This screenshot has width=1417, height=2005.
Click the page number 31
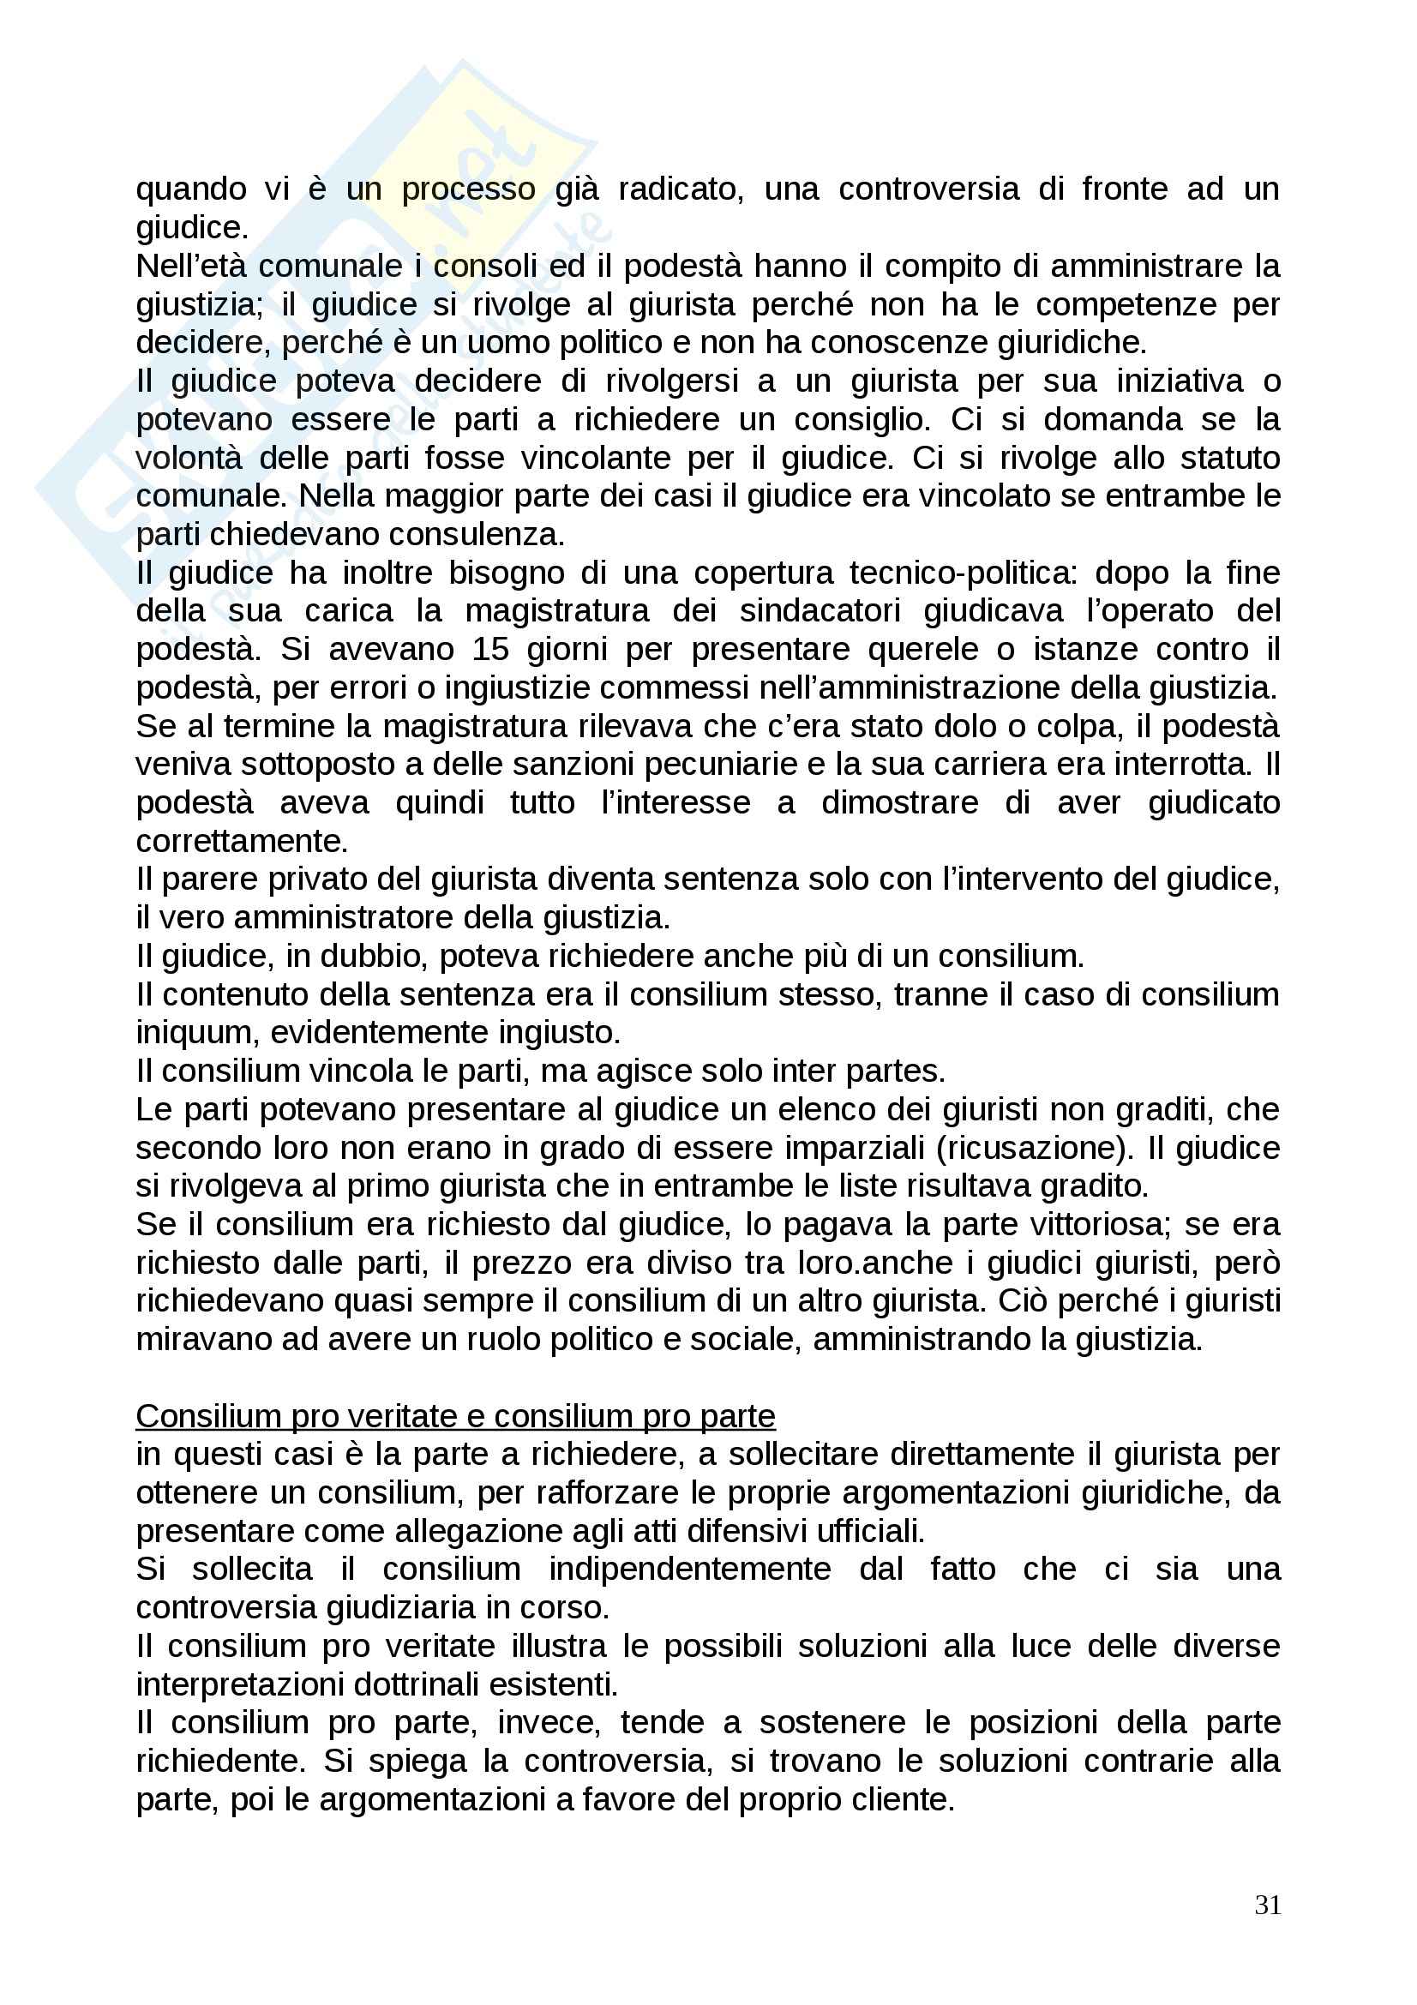[1267, 1904]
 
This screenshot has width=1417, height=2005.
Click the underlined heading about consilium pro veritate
[455, 1415]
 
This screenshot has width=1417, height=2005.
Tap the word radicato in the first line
[680, 189]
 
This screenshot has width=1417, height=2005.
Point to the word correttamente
[242, 841]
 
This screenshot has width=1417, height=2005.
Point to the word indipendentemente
[689, 1570]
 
